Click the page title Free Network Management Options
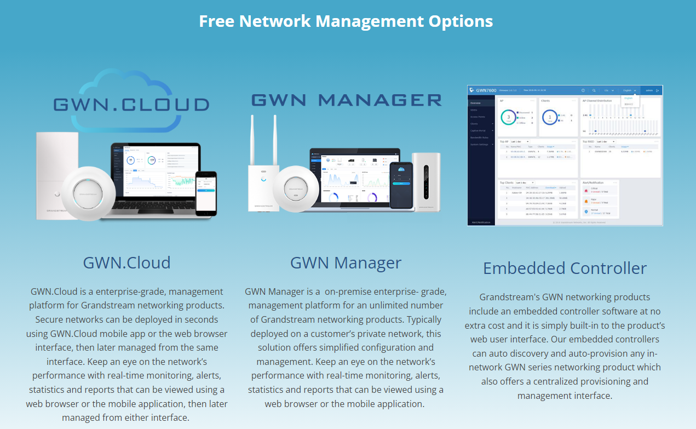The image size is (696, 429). coord(346,21)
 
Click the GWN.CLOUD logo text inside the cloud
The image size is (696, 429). coord(131,105)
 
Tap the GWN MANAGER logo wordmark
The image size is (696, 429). coord(346,100)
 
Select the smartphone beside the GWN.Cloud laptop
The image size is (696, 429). coord(206,193)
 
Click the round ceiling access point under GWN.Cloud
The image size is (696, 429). coord(89,193)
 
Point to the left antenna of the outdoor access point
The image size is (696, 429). coord(252,140)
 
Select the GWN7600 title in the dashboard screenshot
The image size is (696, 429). coord(485,90)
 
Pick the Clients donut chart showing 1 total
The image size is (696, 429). coord(549,117)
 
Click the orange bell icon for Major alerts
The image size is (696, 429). coord(586,201)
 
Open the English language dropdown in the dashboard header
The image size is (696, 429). coord(629,90)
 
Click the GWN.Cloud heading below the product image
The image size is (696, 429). coord(126,262)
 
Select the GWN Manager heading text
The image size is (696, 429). coord(346,262)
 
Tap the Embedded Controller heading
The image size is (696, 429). coord(565,268)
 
